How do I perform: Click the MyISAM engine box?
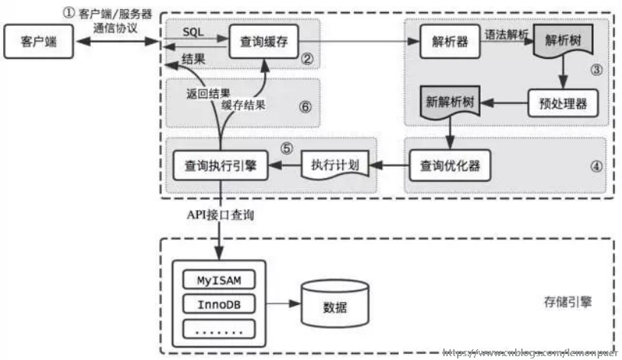[219, 280]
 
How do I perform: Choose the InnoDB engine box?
[219, 303]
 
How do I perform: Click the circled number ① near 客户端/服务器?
[69, 13]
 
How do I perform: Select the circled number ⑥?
[305, 106]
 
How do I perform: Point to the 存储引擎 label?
[565, 303]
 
